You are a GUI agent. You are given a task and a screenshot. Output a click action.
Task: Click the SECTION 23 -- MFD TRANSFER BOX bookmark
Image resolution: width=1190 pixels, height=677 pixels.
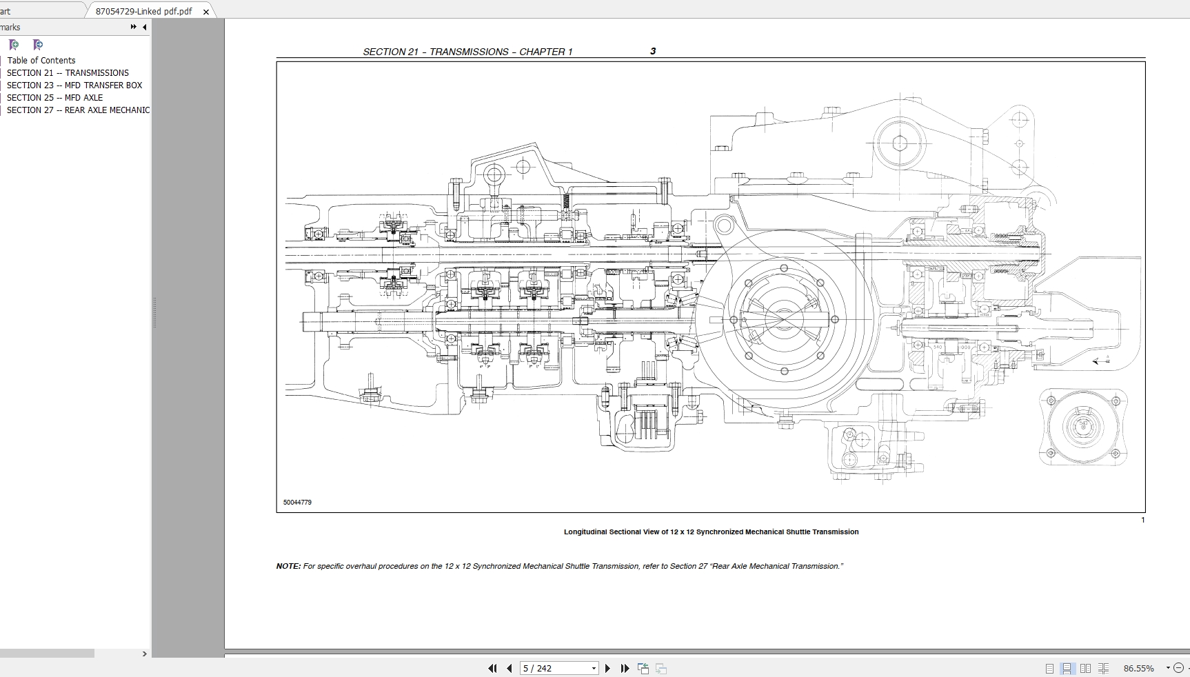point(74,85)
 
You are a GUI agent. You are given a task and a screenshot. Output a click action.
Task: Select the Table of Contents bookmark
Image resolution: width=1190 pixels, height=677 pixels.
point(41,61)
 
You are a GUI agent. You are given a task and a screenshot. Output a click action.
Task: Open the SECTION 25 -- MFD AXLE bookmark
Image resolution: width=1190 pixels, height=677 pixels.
point(54,98)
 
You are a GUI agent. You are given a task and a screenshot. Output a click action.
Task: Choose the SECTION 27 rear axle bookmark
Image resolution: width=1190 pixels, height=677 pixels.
point(78,110)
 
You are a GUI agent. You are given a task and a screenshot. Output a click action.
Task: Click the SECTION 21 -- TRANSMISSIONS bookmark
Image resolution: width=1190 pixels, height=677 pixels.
point(68,73)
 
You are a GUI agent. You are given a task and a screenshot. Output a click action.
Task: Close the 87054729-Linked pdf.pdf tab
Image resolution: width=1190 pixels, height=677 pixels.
point(206,12)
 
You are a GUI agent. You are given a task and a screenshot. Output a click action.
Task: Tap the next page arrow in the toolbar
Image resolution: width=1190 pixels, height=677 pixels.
point(607,668)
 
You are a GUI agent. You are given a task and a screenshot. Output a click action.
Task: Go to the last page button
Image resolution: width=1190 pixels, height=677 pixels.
point(625,668)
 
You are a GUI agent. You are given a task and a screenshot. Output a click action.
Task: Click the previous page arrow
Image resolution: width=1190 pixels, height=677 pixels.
point(510,668)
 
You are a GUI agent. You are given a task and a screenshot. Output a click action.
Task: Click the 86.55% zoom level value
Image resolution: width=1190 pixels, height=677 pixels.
point(1138,668)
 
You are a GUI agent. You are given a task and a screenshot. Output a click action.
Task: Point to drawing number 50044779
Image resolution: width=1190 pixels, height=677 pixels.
point(297,503)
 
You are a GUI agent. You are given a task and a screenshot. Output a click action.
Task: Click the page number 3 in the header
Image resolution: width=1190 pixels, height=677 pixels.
point(653,51)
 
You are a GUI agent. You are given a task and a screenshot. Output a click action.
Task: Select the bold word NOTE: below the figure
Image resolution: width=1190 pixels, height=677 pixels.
point(288,567)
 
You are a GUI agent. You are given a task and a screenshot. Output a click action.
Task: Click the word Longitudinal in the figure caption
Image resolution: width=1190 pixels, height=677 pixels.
point(585,532)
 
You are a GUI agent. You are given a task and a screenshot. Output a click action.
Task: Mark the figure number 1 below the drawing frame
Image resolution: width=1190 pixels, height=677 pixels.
point(1142,520)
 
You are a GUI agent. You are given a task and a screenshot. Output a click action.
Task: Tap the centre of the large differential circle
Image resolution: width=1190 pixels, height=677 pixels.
point(784,319)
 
